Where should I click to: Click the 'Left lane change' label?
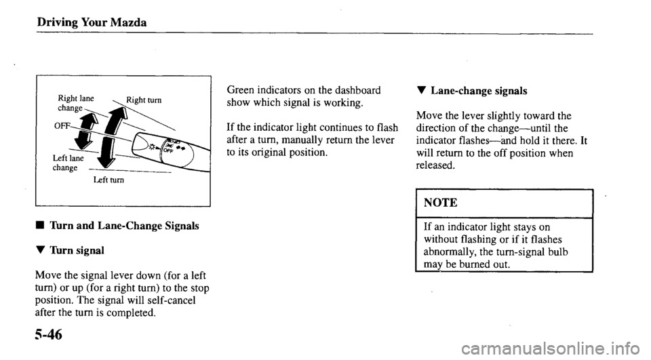(68, 163)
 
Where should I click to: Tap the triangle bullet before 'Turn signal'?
(23, 250)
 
